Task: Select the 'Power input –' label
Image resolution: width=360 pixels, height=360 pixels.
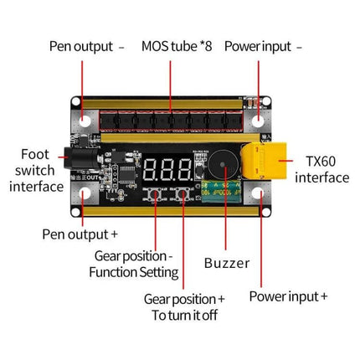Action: point(265,46)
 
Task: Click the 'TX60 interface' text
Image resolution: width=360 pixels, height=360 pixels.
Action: point(322,169)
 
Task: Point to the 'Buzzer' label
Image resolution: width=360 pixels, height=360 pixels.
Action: point(226,263)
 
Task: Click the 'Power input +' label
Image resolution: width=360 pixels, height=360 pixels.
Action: point(289,296)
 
